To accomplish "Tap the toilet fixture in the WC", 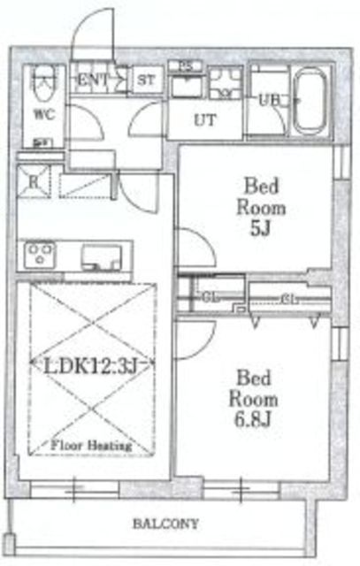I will (x=42, y=87).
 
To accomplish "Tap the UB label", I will (x=269, y=101).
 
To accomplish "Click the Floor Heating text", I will (x=91, y=446).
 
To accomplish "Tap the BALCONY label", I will (x=165, y=523).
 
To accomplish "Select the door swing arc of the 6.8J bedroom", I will (x=195, y=339).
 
